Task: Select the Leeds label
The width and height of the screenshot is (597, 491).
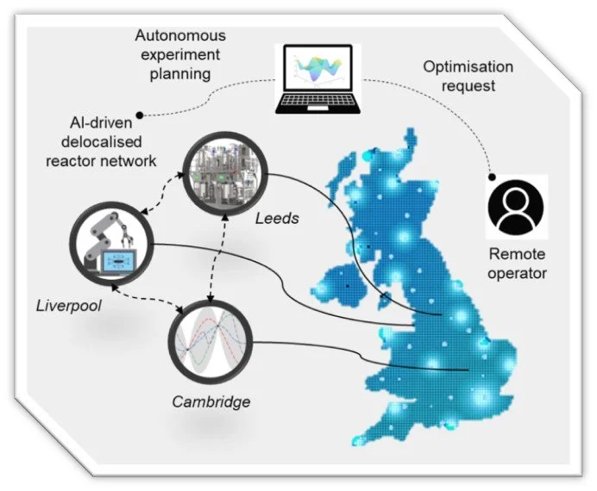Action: pyautogui.click(x=277, y=219)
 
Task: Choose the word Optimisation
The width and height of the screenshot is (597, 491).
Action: pyautogui.click(x=468, y=67)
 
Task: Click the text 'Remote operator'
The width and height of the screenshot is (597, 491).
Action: pyautogui.click(x=518, y=264)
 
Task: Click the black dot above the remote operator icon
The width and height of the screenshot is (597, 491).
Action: pyautogui.click(x=492, y=177)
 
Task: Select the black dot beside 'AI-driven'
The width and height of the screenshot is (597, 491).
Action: pyautogui.click(x=141, y=113)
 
